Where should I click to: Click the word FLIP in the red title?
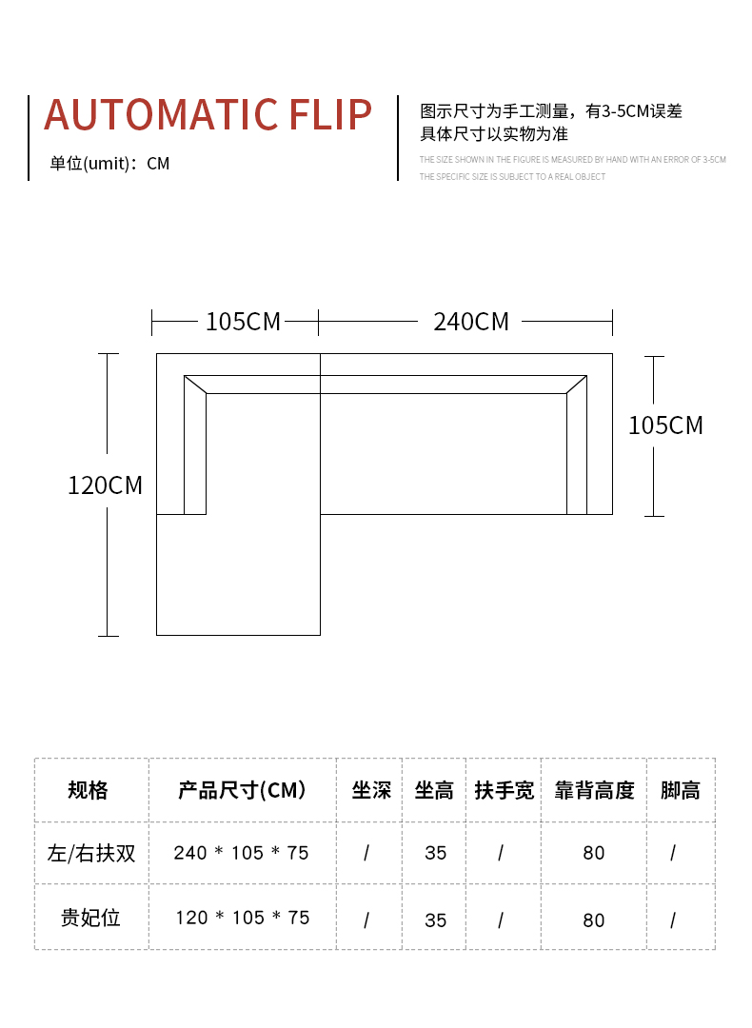pos(329,115)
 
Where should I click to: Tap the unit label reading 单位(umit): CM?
pos(109,164)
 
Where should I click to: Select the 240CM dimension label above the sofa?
pos(471,322)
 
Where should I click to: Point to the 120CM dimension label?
pos(105,485)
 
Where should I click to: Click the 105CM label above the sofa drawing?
pos(244,322)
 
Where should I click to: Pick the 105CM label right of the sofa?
pos(665,425)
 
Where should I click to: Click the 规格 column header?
pos(89,790)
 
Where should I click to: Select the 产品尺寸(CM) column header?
pos(242,790)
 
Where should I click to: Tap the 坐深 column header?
pos(371,790)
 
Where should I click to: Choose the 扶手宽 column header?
pos(505,790)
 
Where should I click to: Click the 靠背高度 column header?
pos(594,790)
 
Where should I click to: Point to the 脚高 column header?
pos(680,790)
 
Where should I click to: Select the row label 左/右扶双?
pos(91,853)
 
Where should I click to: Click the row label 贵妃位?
pos(91,919)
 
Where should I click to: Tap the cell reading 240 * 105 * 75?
pos(242,853)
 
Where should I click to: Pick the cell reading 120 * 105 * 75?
pos(242,919)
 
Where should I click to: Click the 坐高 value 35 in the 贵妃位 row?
pos(436,919)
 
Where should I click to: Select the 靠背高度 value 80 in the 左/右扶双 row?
pos(594,853)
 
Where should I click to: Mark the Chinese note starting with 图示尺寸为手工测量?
pos(551,111)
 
